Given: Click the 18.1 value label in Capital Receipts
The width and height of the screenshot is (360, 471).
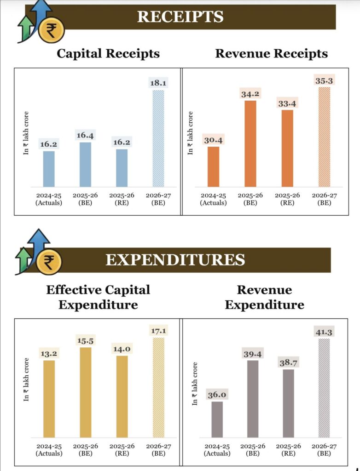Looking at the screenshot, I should pyautogui.click(x=158, y=83).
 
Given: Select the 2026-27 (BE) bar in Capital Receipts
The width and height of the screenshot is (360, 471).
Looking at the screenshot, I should pyautogui.click(x=158, y=138).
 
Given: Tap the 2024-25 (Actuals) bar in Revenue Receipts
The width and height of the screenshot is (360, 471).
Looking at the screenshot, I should pyautogui.click(x=213, y=167).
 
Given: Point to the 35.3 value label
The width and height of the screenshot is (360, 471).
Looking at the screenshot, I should pyautogui.click(x=324, y=80).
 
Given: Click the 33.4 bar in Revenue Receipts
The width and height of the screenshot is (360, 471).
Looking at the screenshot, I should pyautogui.click(x=287, y=148).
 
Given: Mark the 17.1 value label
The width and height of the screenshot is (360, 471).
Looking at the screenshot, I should pyautogui.click(x=158, y=331).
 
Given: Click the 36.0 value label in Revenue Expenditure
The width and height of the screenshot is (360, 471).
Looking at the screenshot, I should pyautogui.click(x=217, y=395).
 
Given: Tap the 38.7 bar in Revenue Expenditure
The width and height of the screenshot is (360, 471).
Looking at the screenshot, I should pyautogui.click(x=288, y=403).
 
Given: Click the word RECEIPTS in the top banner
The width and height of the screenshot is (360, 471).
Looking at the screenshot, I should pyautogui.click(x=180, y=17).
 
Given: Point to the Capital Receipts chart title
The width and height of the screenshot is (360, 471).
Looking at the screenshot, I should pyautogui.click(x=108, y=53).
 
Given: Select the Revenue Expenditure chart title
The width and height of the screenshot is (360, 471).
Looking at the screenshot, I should pyautogui.click(x=264, y=297).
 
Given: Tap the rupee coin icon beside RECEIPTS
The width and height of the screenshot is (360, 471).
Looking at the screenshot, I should pyautogui.click(x=51, y=30).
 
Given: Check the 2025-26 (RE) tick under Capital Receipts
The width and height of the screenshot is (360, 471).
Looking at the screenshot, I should pyautogui.click(x=122, y=199).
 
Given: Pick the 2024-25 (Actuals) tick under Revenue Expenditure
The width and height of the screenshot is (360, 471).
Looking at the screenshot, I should pyautogui.click(x=217, y=449).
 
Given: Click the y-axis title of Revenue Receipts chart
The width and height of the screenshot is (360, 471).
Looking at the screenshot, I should pyautogui.click(x=191, y=132).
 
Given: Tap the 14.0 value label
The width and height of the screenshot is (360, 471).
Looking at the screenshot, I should pyautogui.click(x=122, y=349).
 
